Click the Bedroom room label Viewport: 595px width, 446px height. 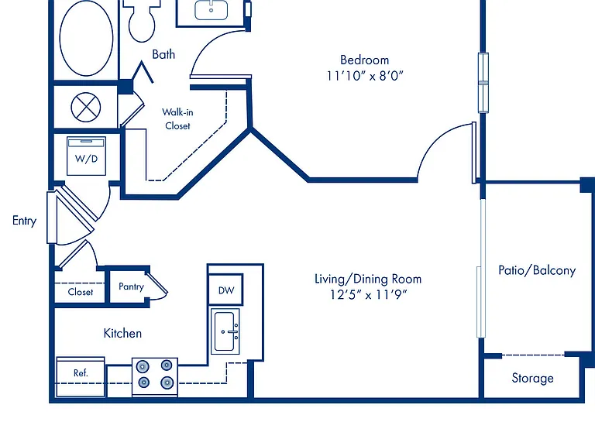point(364,60)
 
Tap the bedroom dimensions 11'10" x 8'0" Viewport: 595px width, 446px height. point(365,76)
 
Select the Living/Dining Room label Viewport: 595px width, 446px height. point(368,279)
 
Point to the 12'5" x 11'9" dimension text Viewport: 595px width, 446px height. point(368,295)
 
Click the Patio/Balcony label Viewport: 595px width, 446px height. point(537,270)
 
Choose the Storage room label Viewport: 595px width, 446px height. point(532,378)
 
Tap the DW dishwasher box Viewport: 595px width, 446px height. point(225,290)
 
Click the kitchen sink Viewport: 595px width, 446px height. point(225,331)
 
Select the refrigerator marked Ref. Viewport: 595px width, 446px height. point(81,377)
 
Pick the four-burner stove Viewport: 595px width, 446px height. point(155,377)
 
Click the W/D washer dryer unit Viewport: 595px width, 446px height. point(86,156)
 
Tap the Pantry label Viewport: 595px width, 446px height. point(131,286)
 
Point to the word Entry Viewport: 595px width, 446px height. point(24,221)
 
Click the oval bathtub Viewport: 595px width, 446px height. point(86,38)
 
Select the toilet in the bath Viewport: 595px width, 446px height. point(142,21)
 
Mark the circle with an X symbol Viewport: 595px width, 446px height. point(86,108)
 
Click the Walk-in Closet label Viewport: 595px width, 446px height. point(177,118)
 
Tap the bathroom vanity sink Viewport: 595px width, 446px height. point(211,10)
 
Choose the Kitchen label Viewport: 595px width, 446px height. point(122,334)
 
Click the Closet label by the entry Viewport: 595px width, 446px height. point(80,292)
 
